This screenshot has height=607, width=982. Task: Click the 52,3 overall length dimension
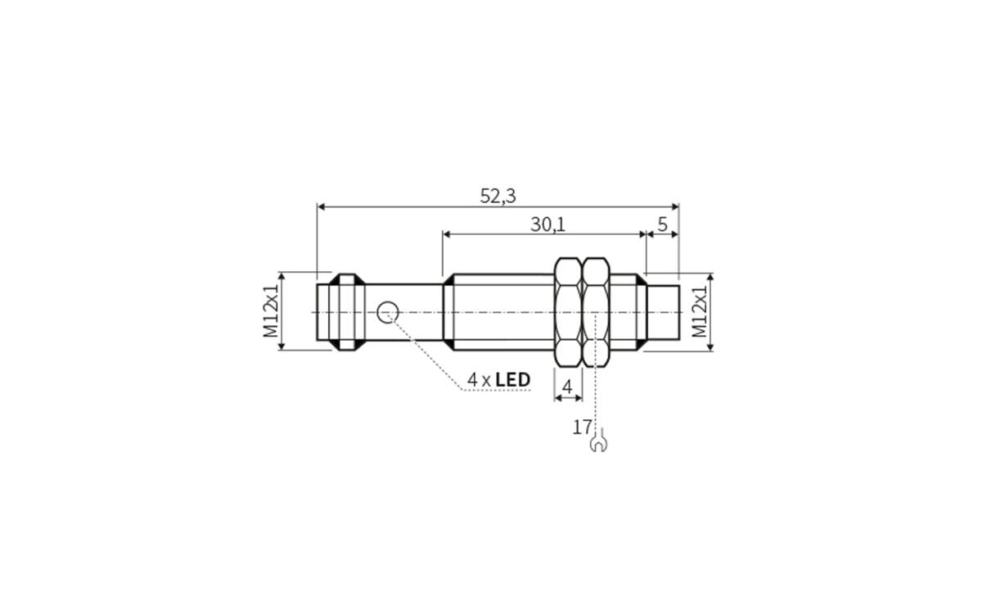click(498, 197)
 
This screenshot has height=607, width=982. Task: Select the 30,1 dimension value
click(547, 224)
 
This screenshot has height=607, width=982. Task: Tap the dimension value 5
click(662, 224)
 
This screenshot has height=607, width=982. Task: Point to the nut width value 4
click(567, 386)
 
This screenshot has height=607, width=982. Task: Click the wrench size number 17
click(582, 427)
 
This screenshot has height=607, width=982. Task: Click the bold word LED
click(513, 380)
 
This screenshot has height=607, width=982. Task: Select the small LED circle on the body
click(388, 311)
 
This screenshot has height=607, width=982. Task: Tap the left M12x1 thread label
click(271, 311)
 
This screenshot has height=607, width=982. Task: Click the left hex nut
click(568, 312)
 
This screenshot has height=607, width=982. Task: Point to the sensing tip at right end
click(663, 311)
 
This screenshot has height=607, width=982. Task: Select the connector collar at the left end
click(347, 311)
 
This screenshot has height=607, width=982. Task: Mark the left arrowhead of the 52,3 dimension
click(321, 206)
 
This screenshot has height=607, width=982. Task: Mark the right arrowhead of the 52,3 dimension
click(675, 206)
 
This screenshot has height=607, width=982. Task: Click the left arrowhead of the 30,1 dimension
click(447, 233)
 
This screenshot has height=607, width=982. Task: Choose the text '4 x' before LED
click(479, 380)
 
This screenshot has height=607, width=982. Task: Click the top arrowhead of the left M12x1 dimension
click(281, 277)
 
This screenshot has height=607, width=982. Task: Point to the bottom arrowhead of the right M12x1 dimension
click(709, 347)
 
